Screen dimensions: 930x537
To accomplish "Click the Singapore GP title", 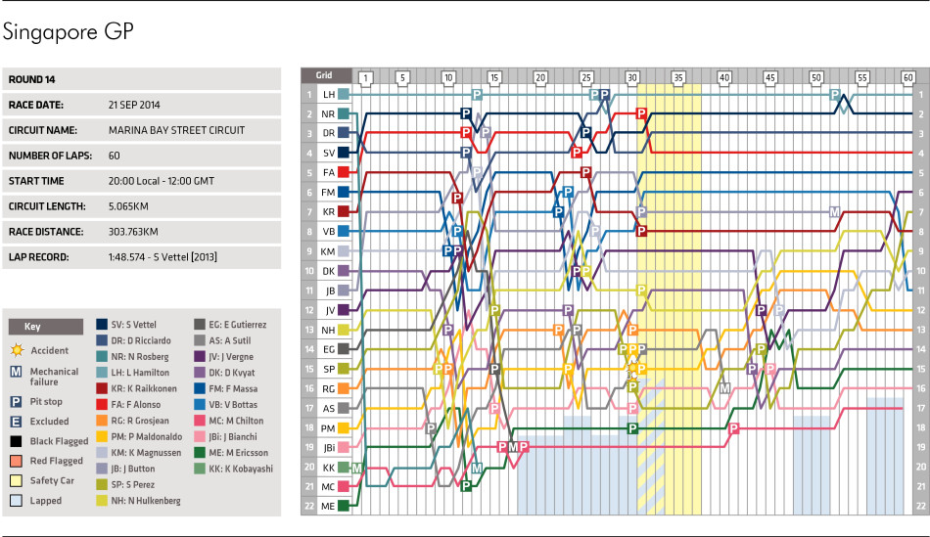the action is click(x=69, y=32).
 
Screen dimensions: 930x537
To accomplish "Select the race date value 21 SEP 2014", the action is click(x=134, y=105).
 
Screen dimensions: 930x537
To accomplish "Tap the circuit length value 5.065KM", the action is click(x=128, y=206).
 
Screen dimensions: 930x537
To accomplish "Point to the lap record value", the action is click(x=163, y=257).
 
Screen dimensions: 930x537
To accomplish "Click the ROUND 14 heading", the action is click(x=31, y=79).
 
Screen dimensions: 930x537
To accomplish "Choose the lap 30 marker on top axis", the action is click(x=632, y=77).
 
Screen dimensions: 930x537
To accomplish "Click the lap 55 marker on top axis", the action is click(x=862, y=77).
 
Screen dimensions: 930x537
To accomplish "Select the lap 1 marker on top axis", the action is click(x=366, y=77).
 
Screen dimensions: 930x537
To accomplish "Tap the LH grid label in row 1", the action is click(x=329, y=94).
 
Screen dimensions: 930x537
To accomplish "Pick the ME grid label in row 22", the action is click(x=328, y=506).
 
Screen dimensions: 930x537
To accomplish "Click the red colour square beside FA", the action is click(x=344, y=172).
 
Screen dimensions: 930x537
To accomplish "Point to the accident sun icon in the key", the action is click(x=18, y=350).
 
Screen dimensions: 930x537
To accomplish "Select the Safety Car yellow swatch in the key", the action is click(x=16, y=480).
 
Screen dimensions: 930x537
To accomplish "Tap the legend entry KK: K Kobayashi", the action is click(x=234, y=469).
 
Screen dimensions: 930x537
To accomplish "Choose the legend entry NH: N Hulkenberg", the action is click(x=138, y=500).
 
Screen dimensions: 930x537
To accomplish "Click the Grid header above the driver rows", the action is click(x=324, y=75).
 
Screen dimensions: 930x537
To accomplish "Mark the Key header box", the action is click(x=46, y=327).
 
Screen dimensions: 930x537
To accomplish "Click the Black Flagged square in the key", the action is click(x=16, y=441).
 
